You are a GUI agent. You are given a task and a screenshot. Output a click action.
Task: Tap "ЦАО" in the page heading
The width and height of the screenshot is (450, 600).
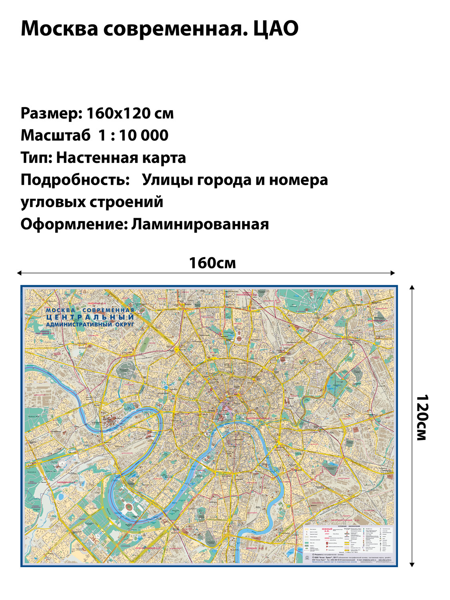coord(276,29)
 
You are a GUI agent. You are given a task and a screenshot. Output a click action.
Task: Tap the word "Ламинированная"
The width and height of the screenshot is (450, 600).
coord(200,224)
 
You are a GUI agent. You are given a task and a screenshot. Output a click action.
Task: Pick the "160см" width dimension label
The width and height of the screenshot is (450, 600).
coord(212,263)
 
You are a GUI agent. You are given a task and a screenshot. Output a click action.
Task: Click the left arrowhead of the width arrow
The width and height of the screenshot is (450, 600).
coord(19,273)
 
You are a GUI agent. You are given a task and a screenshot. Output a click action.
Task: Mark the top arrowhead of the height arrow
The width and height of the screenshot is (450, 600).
coord(412,287)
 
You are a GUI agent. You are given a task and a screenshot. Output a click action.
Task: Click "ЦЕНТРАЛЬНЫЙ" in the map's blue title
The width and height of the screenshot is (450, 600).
coord(90,317)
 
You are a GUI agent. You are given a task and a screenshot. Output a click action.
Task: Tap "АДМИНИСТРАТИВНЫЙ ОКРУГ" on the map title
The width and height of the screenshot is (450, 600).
coord(90,324)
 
